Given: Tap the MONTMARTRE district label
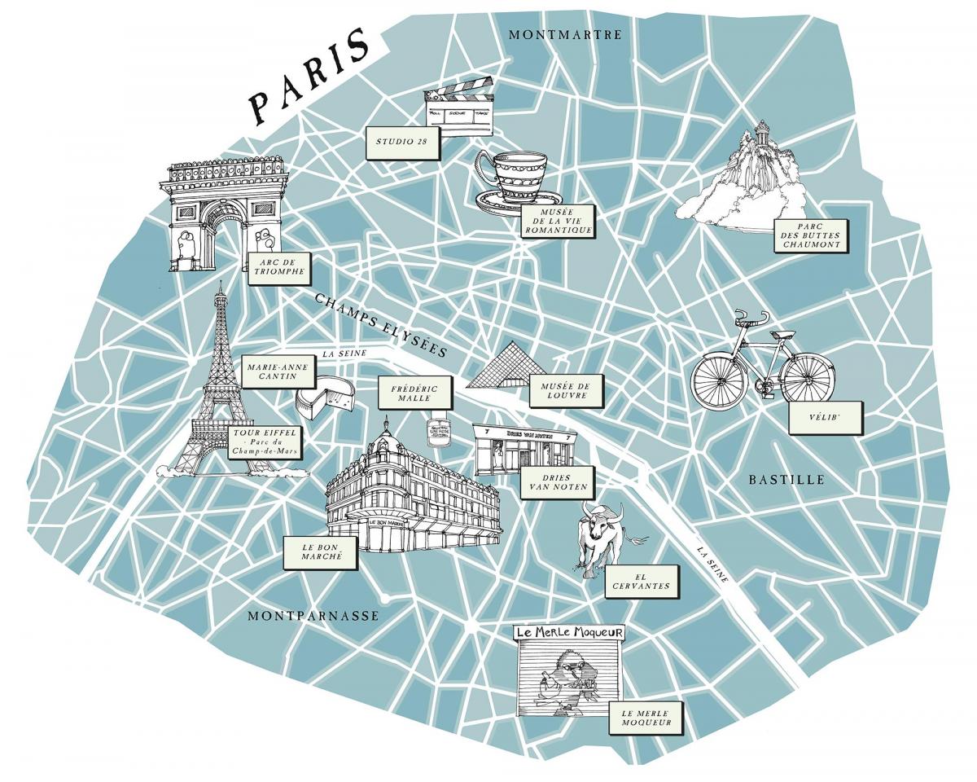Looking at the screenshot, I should click(x=564, y=34).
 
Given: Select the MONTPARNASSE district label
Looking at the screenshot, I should click(x=313, y=616).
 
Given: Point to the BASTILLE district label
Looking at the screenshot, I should click(x=786, y=480).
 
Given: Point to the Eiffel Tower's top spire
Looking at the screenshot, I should click(x=219, y=290).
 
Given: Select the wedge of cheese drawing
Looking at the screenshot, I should click(x=326, y=398).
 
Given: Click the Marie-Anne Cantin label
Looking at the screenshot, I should click(x=276, y=372).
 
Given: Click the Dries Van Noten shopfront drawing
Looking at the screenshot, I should click(x=525, y=449).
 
